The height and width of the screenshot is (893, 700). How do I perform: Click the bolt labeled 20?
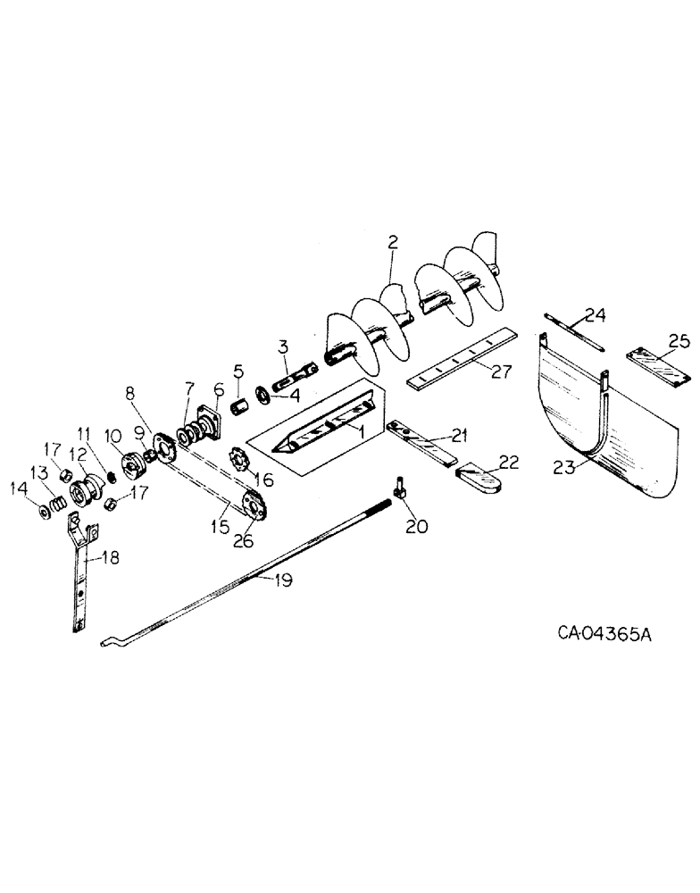pos(398,488)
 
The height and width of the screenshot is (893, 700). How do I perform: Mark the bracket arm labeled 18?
pos(83,572)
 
